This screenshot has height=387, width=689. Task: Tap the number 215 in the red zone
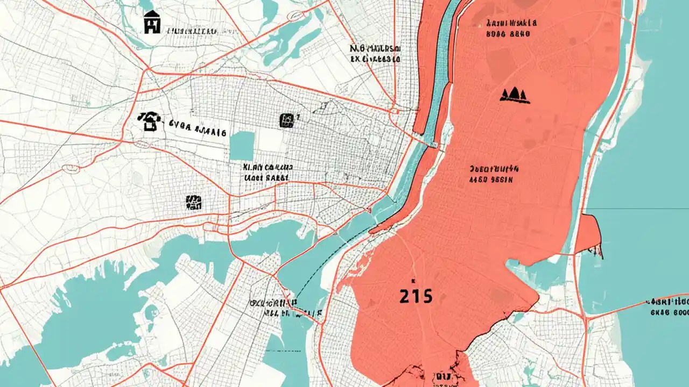pos(416,296)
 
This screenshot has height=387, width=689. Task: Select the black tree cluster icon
pos(515,95)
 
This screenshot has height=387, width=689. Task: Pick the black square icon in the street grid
pos(287,120)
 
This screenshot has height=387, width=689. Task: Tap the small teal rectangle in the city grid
pos(242,146)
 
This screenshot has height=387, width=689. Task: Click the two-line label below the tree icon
pos(494,174)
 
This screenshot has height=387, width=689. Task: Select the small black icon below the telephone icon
pos(193,202)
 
